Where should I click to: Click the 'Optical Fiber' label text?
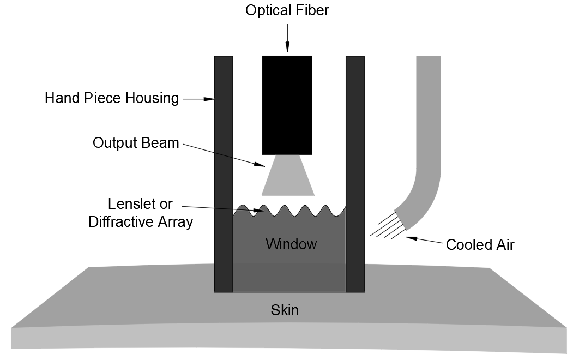(x=287, y=10)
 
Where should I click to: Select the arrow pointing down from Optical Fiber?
(x=287, y=38)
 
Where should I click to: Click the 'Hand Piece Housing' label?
(x=112, y=99)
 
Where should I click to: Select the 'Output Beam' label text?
(x=136, y=143)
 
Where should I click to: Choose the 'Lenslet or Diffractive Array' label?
(x=141, y=213)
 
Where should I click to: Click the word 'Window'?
(x=291, y=244)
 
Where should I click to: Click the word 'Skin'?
(x=285, y=310)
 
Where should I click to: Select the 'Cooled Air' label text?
(x=480, y=245)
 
